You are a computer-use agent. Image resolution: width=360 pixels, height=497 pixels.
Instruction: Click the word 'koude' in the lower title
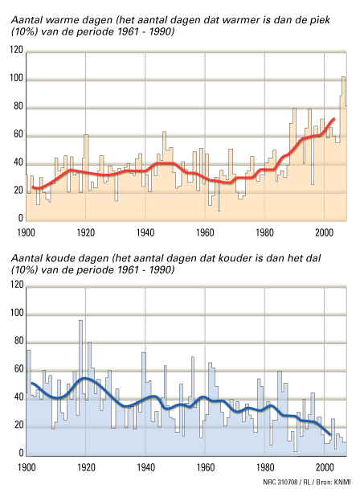[x=61, y=258]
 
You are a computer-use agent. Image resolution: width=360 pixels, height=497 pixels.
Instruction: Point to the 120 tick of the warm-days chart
[x=16, y=50]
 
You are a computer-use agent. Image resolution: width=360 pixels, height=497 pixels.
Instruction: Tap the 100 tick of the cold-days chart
[x=16, y=313]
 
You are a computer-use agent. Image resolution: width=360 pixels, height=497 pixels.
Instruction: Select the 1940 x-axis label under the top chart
[x=145, y=233]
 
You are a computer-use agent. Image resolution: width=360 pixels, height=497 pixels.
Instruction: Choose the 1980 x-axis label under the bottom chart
[x=265, y=467]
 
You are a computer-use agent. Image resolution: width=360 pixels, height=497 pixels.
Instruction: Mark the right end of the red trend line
[x=334, y=119]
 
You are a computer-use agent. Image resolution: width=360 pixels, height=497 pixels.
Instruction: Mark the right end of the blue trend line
[x=330, y=434]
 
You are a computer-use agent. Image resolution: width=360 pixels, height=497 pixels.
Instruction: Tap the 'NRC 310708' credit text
[x=280, y=482]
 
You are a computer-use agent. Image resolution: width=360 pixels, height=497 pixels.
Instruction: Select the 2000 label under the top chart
[x=325, y=233]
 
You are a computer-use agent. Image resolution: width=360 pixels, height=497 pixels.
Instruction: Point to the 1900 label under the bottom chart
[x=27, y=467]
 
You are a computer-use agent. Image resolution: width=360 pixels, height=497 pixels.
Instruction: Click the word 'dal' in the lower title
[x=313, y=258]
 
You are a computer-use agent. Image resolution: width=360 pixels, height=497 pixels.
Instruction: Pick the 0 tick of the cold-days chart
[x=20, y=453]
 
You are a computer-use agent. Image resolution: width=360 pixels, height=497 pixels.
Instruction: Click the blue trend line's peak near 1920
[x=85, y=378]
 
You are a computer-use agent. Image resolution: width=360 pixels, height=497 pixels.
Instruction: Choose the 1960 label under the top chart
[x=205, y=233]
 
